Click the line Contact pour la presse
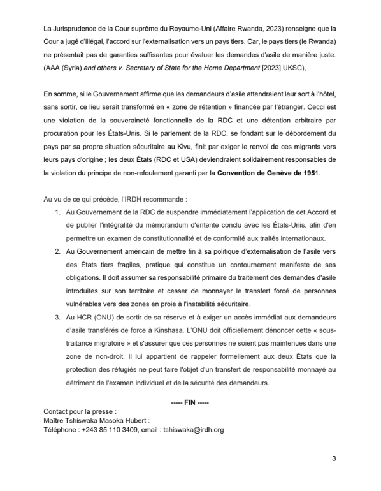(x=80, y=411)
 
